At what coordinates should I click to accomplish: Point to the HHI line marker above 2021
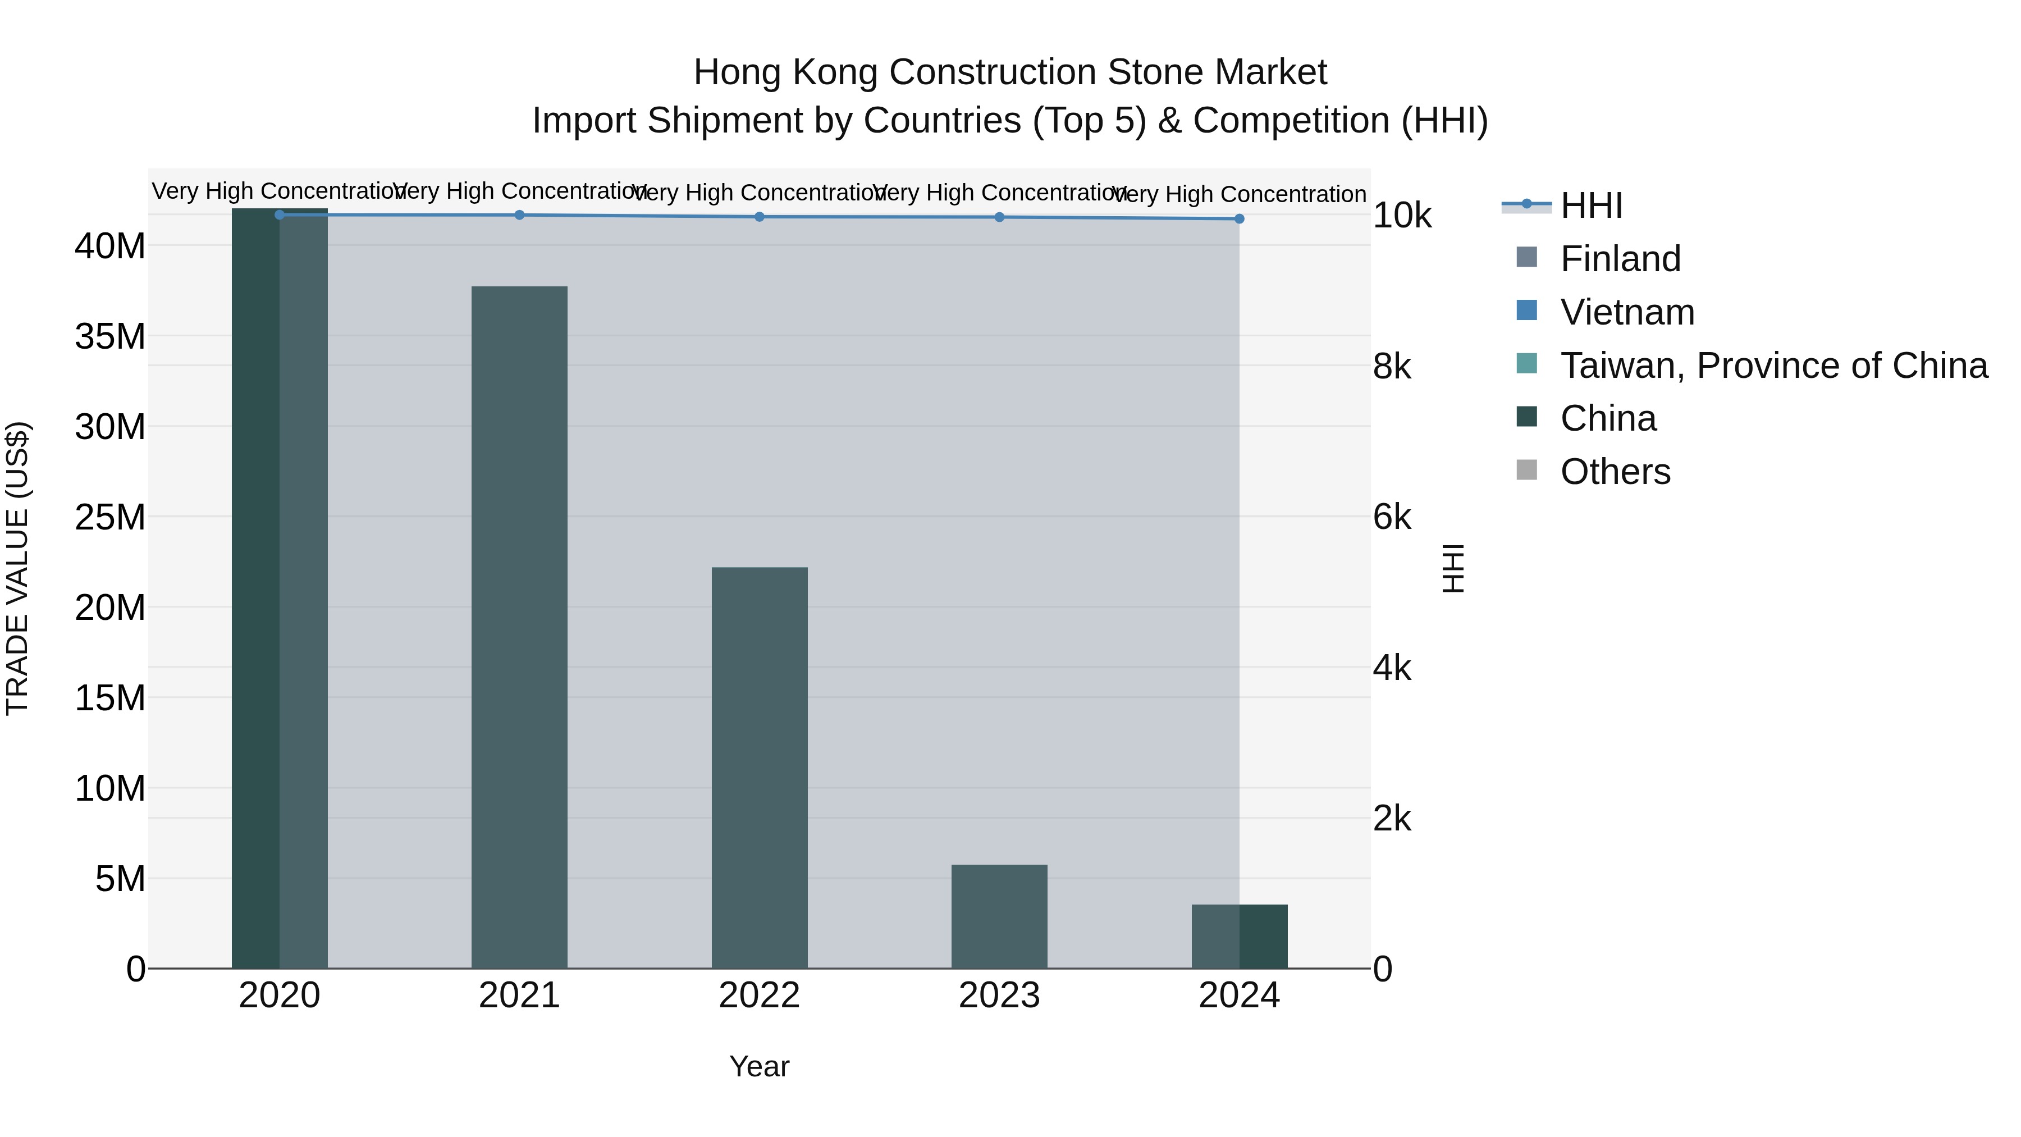pos(519,215)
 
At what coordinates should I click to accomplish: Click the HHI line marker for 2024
pos(1239,219)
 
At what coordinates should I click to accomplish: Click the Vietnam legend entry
pos(1626,312)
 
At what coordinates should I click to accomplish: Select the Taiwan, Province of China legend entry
pos(1773,366)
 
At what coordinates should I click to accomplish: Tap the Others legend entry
pos(1615,472)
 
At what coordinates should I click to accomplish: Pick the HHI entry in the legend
pos(1590,206)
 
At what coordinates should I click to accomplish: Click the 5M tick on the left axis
pos(120,879)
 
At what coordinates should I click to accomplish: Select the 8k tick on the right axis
pos(1391,367)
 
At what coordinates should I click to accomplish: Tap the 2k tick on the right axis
pos(1391,819)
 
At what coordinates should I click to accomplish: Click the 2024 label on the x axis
pos(1239,996)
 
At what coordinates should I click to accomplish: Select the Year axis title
pos(758,1066)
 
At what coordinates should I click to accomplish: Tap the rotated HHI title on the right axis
pos(1453,568)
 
